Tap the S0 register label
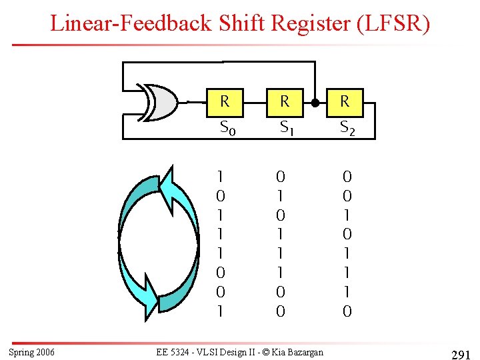point(227,127)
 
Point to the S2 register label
point(347,127)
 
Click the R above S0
point(225,102)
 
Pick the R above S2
point(345,102)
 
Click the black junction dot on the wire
point(314,103)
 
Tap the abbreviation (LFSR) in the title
point(394,24)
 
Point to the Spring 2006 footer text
point(32,352)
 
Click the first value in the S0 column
point(221,177)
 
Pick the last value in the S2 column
point(347,311)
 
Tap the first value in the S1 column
point(281,177)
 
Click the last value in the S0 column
point(221,311)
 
